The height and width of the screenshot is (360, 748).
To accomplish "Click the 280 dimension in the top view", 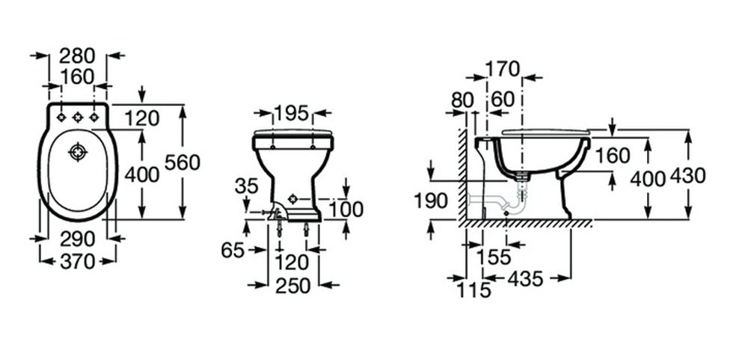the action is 77,56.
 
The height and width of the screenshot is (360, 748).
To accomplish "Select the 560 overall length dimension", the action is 183,163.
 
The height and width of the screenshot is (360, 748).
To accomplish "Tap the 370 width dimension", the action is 77,261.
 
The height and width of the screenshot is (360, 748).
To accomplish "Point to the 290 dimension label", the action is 77,239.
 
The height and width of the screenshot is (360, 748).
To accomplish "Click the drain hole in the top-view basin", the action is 77,153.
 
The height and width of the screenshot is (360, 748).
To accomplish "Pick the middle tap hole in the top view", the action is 78,118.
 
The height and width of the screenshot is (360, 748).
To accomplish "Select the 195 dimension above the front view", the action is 292,113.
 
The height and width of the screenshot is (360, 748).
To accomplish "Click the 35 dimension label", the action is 246,186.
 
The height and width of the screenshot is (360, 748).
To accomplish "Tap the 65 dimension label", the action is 233,250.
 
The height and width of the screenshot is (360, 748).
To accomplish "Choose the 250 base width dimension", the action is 293,285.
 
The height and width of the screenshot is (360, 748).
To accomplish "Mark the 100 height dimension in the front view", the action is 346,209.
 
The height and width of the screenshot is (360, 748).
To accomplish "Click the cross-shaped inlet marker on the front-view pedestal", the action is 293,199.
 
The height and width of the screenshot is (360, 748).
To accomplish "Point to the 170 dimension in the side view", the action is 503,70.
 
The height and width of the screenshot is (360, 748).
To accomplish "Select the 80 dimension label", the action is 462,100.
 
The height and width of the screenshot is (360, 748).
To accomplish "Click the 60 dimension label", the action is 503,100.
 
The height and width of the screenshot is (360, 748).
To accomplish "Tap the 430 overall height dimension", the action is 687,176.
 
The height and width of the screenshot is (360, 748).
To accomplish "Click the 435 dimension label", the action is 525,279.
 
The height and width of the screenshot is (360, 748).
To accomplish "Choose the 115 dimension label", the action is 473,290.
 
